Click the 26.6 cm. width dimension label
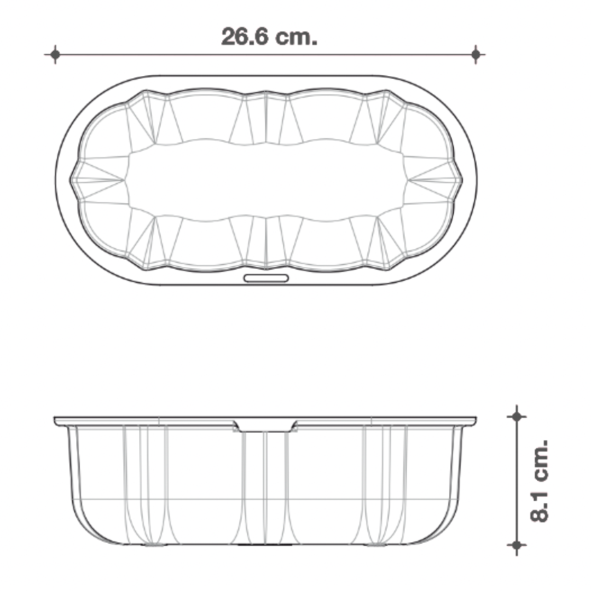point(269,37)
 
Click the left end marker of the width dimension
point(55,54)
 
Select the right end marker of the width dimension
point(476,54)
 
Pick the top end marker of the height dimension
point(516,416)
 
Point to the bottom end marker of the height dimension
point(516,545)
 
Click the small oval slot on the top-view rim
point(266,278)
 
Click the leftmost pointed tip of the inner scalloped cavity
point(71,179)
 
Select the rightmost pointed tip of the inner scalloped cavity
point(461,179)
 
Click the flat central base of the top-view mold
point(266,179)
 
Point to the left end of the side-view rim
point(56,421)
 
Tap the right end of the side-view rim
point(475,421)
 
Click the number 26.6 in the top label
point(244,37)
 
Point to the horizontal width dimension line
point(164,54)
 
